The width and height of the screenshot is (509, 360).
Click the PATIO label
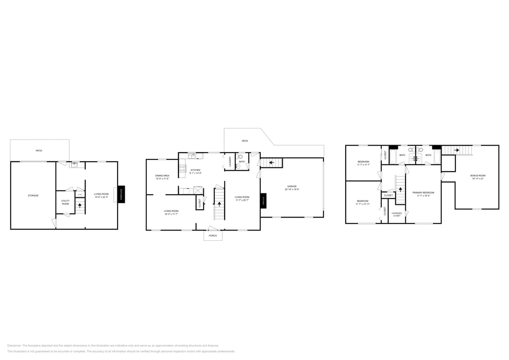[39, 151]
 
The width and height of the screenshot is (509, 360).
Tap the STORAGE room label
[33, 196]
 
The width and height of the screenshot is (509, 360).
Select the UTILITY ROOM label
[65, 202]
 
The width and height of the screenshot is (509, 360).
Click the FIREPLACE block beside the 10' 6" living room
[121, 194]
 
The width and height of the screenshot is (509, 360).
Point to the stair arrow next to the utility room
[80, 206]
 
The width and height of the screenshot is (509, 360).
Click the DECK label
[245, 141]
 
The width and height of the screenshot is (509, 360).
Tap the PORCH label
[213, 236]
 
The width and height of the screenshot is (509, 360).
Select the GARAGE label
[292, 186]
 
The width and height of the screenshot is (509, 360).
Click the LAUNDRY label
[230, 162]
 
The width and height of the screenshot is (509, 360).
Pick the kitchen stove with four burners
[182, 168]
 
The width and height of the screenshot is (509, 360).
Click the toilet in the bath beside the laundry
[240, 157]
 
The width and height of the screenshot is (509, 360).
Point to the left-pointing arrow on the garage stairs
[271, 162]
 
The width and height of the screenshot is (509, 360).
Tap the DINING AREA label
[162, 176]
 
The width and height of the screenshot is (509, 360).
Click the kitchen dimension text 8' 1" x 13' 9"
[195, 173]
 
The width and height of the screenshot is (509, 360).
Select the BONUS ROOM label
[478, 176]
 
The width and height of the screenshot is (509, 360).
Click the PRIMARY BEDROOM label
[423, 192]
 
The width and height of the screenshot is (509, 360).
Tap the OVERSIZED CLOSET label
[397, 214]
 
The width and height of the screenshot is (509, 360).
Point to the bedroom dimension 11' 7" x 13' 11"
[363, 204]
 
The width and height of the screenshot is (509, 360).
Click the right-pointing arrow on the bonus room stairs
[457, 150]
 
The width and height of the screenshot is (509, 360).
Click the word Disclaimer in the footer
[14, 346]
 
